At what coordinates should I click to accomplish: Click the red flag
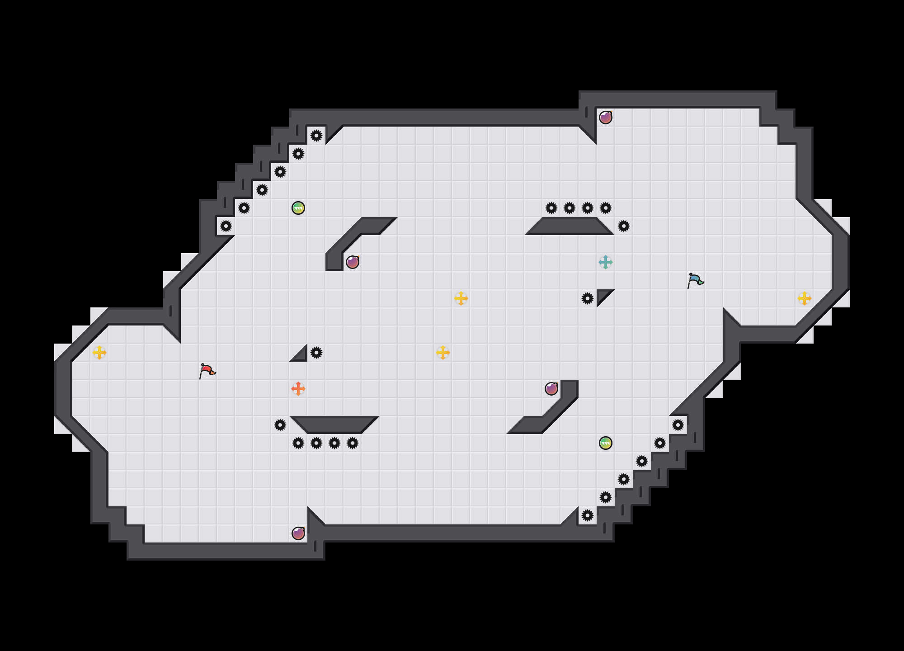point(207,371)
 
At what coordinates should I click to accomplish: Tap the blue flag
point(695,280)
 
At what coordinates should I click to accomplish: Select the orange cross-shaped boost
point(298,389)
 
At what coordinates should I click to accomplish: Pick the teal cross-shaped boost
point(606,262)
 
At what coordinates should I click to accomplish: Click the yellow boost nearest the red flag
point(99,353)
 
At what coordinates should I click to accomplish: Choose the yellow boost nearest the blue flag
point(805,298)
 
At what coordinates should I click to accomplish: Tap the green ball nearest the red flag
point(298,208)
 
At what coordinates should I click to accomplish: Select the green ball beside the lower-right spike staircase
point(606,443)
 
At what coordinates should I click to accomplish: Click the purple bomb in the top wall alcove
point(606,118)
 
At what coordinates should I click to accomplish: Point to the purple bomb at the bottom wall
point(298,533)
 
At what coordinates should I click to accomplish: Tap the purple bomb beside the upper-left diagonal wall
point(353,262)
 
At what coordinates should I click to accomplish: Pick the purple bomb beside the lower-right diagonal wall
point(551,389)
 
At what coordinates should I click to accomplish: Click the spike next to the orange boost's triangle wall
point(316,353)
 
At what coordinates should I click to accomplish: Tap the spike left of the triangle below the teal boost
point(588,298)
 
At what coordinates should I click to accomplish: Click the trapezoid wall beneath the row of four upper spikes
point(570,226)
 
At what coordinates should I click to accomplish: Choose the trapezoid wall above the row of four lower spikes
point(334,424)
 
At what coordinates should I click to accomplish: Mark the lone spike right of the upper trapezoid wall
point(624,226)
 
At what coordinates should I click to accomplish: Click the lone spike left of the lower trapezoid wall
point(280,425)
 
